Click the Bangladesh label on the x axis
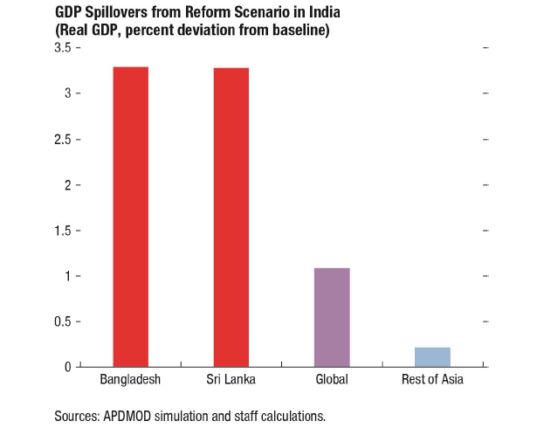coord(131,380)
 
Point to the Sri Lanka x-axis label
coord(231,380)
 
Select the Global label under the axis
coord(332,380)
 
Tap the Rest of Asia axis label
coord(432,380)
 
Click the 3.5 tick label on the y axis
coord(62,48)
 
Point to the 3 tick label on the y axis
coord(67,93)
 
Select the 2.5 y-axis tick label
coord(62,140)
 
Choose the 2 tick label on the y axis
coord(67,185)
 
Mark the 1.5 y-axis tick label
coord(62,231)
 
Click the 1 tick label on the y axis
coord(67,276)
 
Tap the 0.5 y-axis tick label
coord(62,321)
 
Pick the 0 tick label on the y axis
coord(67,367)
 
